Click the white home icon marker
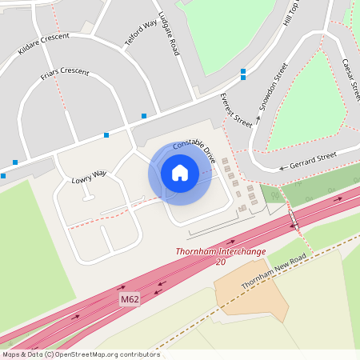[180, 173]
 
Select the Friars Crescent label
[63, 76]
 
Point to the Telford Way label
[140, 34]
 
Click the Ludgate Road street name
[169, 32]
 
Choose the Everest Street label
[236, 110]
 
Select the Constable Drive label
[194, 150]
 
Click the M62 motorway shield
[130, 299]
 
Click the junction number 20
[221, 262]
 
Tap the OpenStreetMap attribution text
[80, 354]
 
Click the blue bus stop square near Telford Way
[144, 116]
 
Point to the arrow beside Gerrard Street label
[282, 169]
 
